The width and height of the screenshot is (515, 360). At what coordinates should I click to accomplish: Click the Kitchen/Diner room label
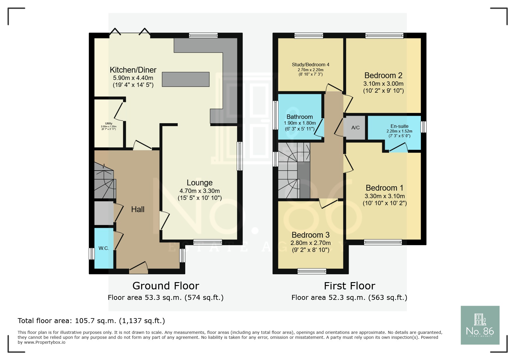coord(133,70)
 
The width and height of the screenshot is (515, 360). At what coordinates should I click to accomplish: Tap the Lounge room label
coord(199,183)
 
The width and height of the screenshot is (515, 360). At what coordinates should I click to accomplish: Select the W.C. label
coord(104,248)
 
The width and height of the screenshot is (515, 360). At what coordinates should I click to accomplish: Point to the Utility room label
coord(109,123)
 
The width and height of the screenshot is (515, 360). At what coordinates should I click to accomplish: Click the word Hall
coord(138,209)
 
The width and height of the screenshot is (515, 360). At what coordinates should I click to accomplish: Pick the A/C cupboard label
coord(355,128)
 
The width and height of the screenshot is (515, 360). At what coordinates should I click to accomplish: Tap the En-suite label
coord(399,126)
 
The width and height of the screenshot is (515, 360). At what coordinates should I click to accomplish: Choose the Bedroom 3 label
coord(311,235)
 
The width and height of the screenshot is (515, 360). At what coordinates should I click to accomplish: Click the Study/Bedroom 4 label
coord(311,65)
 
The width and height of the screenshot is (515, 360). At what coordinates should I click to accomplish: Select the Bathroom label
coord(300,117)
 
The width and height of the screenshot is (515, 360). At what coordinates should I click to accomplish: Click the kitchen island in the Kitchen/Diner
coord(186,79)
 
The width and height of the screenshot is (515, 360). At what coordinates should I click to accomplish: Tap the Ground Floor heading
coord(166,286)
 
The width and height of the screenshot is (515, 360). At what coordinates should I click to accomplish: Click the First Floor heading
coord(350,286)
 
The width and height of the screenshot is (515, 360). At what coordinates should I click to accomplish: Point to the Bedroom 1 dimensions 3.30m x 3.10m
coord(385,196)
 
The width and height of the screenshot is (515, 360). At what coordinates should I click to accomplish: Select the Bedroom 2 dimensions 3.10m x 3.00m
coord(383,84)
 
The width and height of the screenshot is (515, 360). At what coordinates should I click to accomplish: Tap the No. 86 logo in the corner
coord(480,325)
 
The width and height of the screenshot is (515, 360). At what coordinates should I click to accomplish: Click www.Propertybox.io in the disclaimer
coord(45,342)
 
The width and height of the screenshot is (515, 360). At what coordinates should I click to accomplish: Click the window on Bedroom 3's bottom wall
coord(312,271)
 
